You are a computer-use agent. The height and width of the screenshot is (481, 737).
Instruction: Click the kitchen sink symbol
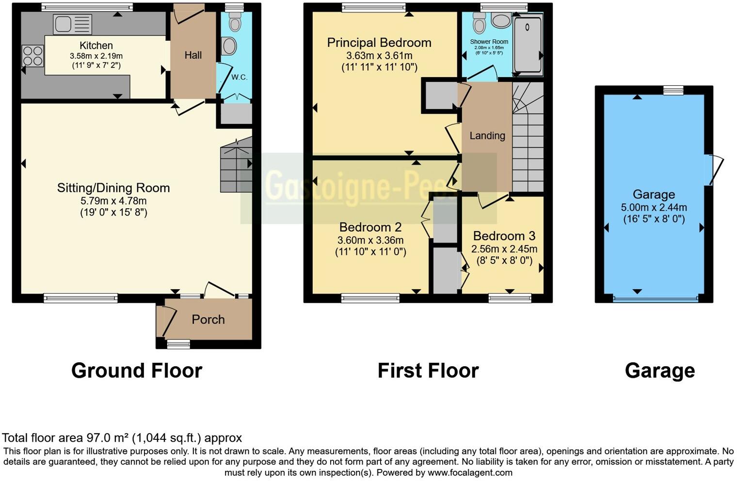click(72, 24)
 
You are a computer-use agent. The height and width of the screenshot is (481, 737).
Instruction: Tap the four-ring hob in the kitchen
click(32, 56)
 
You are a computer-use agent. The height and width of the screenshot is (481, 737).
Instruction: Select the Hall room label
click(193, 55)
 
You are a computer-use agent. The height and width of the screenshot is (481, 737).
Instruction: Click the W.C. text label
click(239, 78)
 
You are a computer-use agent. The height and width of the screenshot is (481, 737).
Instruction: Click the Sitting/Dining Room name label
click(113, 188)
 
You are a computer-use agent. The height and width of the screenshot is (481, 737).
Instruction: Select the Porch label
click(208, 320)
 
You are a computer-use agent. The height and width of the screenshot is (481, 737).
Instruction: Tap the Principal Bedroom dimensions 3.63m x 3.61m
click(379, 56)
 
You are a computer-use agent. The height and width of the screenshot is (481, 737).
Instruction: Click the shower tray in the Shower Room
click(528, 45)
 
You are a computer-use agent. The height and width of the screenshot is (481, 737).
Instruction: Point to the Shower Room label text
click(489, 42)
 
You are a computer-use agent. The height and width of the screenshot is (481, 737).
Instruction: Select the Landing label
click(487, 136)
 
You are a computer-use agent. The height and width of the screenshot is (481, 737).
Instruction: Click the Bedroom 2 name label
click(370, 227)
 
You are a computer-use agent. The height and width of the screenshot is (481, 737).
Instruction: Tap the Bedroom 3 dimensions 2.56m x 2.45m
click(504, 249)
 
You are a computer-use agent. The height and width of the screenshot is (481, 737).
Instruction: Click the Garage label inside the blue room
click(654, 195)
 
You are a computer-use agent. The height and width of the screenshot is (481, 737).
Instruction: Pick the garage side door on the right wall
click(715, 169)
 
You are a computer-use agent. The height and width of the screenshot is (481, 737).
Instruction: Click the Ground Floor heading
click(137, 371)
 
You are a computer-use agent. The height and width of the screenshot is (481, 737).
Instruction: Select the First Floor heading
click(428, 371)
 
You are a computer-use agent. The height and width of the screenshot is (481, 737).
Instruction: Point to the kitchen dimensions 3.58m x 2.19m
click(96, 56)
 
